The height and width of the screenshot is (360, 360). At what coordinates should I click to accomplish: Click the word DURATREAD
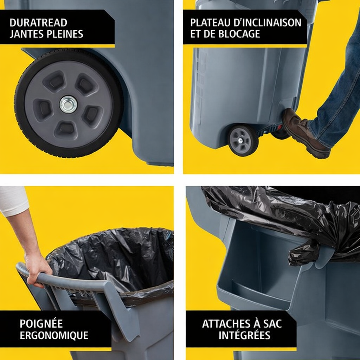tap(38, 23)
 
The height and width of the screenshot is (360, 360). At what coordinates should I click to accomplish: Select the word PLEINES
tap(65, 34)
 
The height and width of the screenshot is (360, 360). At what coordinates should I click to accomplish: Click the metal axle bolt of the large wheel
tap(68, 105)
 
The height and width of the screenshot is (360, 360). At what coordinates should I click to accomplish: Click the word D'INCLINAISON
tap(267, 23)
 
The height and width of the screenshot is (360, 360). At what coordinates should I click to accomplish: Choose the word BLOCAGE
tap(239, 34)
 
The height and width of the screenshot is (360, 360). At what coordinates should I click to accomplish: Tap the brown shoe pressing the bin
tap(306, 133)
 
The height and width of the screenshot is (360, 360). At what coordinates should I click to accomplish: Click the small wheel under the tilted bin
tap(243, 140)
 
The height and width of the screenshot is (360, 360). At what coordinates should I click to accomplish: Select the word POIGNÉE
tap(41, 324)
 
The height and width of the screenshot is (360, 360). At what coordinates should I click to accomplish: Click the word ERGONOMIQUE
tap(54, 335)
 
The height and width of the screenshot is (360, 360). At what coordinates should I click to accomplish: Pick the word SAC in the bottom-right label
tap(272, 324)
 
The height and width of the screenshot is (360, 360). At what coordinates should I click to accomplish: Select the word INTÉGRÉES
tap(244, 335)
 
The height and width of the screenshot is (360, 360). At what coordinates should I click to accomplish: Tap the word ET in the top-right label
tap(195, 34)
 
